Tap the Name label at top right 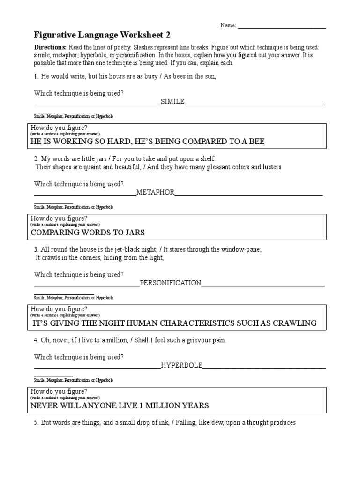pos(228,26)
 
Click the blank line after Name pos(282,27)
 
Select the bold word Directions pos(51,48)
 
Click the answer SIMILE pos(172,101)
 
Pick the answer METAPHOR pos(156,192)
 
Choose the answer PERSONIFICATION pos(171,283)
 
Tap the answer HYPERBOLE pos(182,365)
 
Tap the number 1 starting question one pos(36,77)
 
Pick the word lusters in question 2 pos(270,167)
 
